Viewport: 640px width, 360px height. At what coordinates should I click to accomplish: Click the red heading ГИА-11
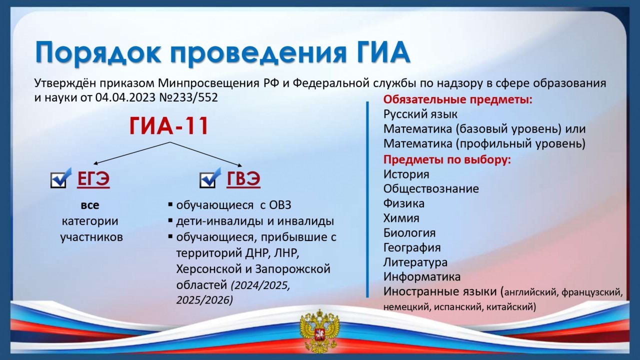click(x=169, y=126)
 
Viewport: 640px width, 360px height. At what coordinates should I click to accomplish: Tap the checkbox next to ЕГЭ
click(x=60, y=178)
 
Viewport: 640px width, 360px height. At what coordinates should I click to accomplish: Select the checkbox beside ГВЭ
click(x=210, y=178)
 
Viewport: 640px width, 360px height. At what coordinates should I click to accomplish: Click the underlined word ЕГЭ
click(x=93, y=179)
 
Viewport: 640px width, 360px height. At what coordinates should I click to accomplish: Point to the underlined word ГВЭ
click(x=243, y=179)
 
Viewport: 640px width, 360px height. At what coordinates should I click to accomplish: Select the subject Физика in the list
click(x=403, y=203)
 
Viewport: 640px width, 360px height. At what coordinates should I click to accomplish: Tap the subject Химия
click(x=401, y=218)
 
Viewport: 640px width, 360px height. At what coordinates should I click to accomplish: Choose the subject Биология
click(x=409, y=233)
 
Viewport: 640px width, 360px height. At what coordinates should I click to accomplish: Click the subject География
click(x=412, y=247)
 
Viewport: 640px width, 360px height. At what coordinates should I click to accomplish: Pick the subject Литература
click(x=415, y=262)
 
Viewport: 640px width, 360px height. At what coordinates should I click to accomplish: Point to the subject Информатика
click(x=422, y=277)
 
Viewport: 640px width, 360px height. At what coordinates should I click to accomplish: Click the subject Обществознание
click(x=431, y=189)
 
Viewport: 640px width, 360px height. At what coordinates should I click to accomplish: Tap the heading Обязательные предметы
click(x=458, y=99)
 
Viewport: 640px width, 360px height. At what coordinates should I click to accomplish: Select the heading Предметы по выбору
click(x=447, y=159)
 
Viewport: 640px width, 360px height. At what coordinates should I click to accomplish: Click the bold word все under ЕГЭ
click(x=90, y=205)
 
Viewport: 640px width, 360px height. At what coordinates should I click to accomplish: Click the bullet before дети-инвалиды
click(x=170, y=220)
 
